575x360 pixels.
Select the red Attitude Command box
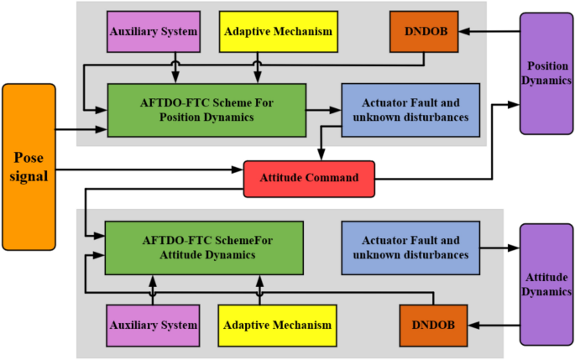[x=309, y=178]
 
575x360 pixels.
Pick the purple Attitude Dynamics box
[x=547, y=284]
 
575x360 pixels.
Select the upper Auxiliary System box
[x=153, y=32]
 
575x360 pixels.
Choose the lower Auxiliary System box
[x=153, y=325]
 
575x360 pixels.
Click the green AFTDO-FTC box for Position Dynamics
[x=206, y=110]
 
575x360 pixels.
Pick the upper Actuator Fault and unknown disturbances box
[x=410, y=108]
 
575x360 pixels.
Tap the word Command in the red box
[x=333, y=178]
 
